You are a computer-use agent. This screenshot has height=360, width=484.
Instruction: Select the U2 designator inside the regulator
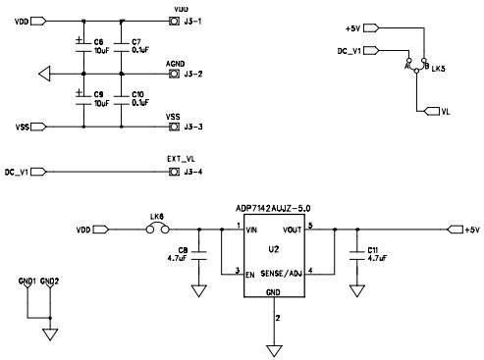[273, 249]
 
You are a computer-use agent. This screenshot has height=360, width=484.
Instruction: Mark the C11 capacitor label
[373, 250]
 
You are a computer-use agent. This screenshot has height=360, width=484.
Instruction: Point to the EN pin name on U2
[251, 273]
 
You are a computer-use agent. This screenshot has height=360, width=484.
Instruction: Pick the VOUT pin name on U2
[293, 231]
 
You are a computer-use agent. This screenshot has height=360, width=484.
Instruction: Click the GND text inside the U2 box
[272, 293]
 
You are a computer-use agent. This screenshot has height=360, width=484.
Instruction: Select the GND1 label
[27, 281]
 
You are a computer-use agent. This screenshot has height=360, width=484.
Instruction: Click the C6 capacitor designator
[99, 41]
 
